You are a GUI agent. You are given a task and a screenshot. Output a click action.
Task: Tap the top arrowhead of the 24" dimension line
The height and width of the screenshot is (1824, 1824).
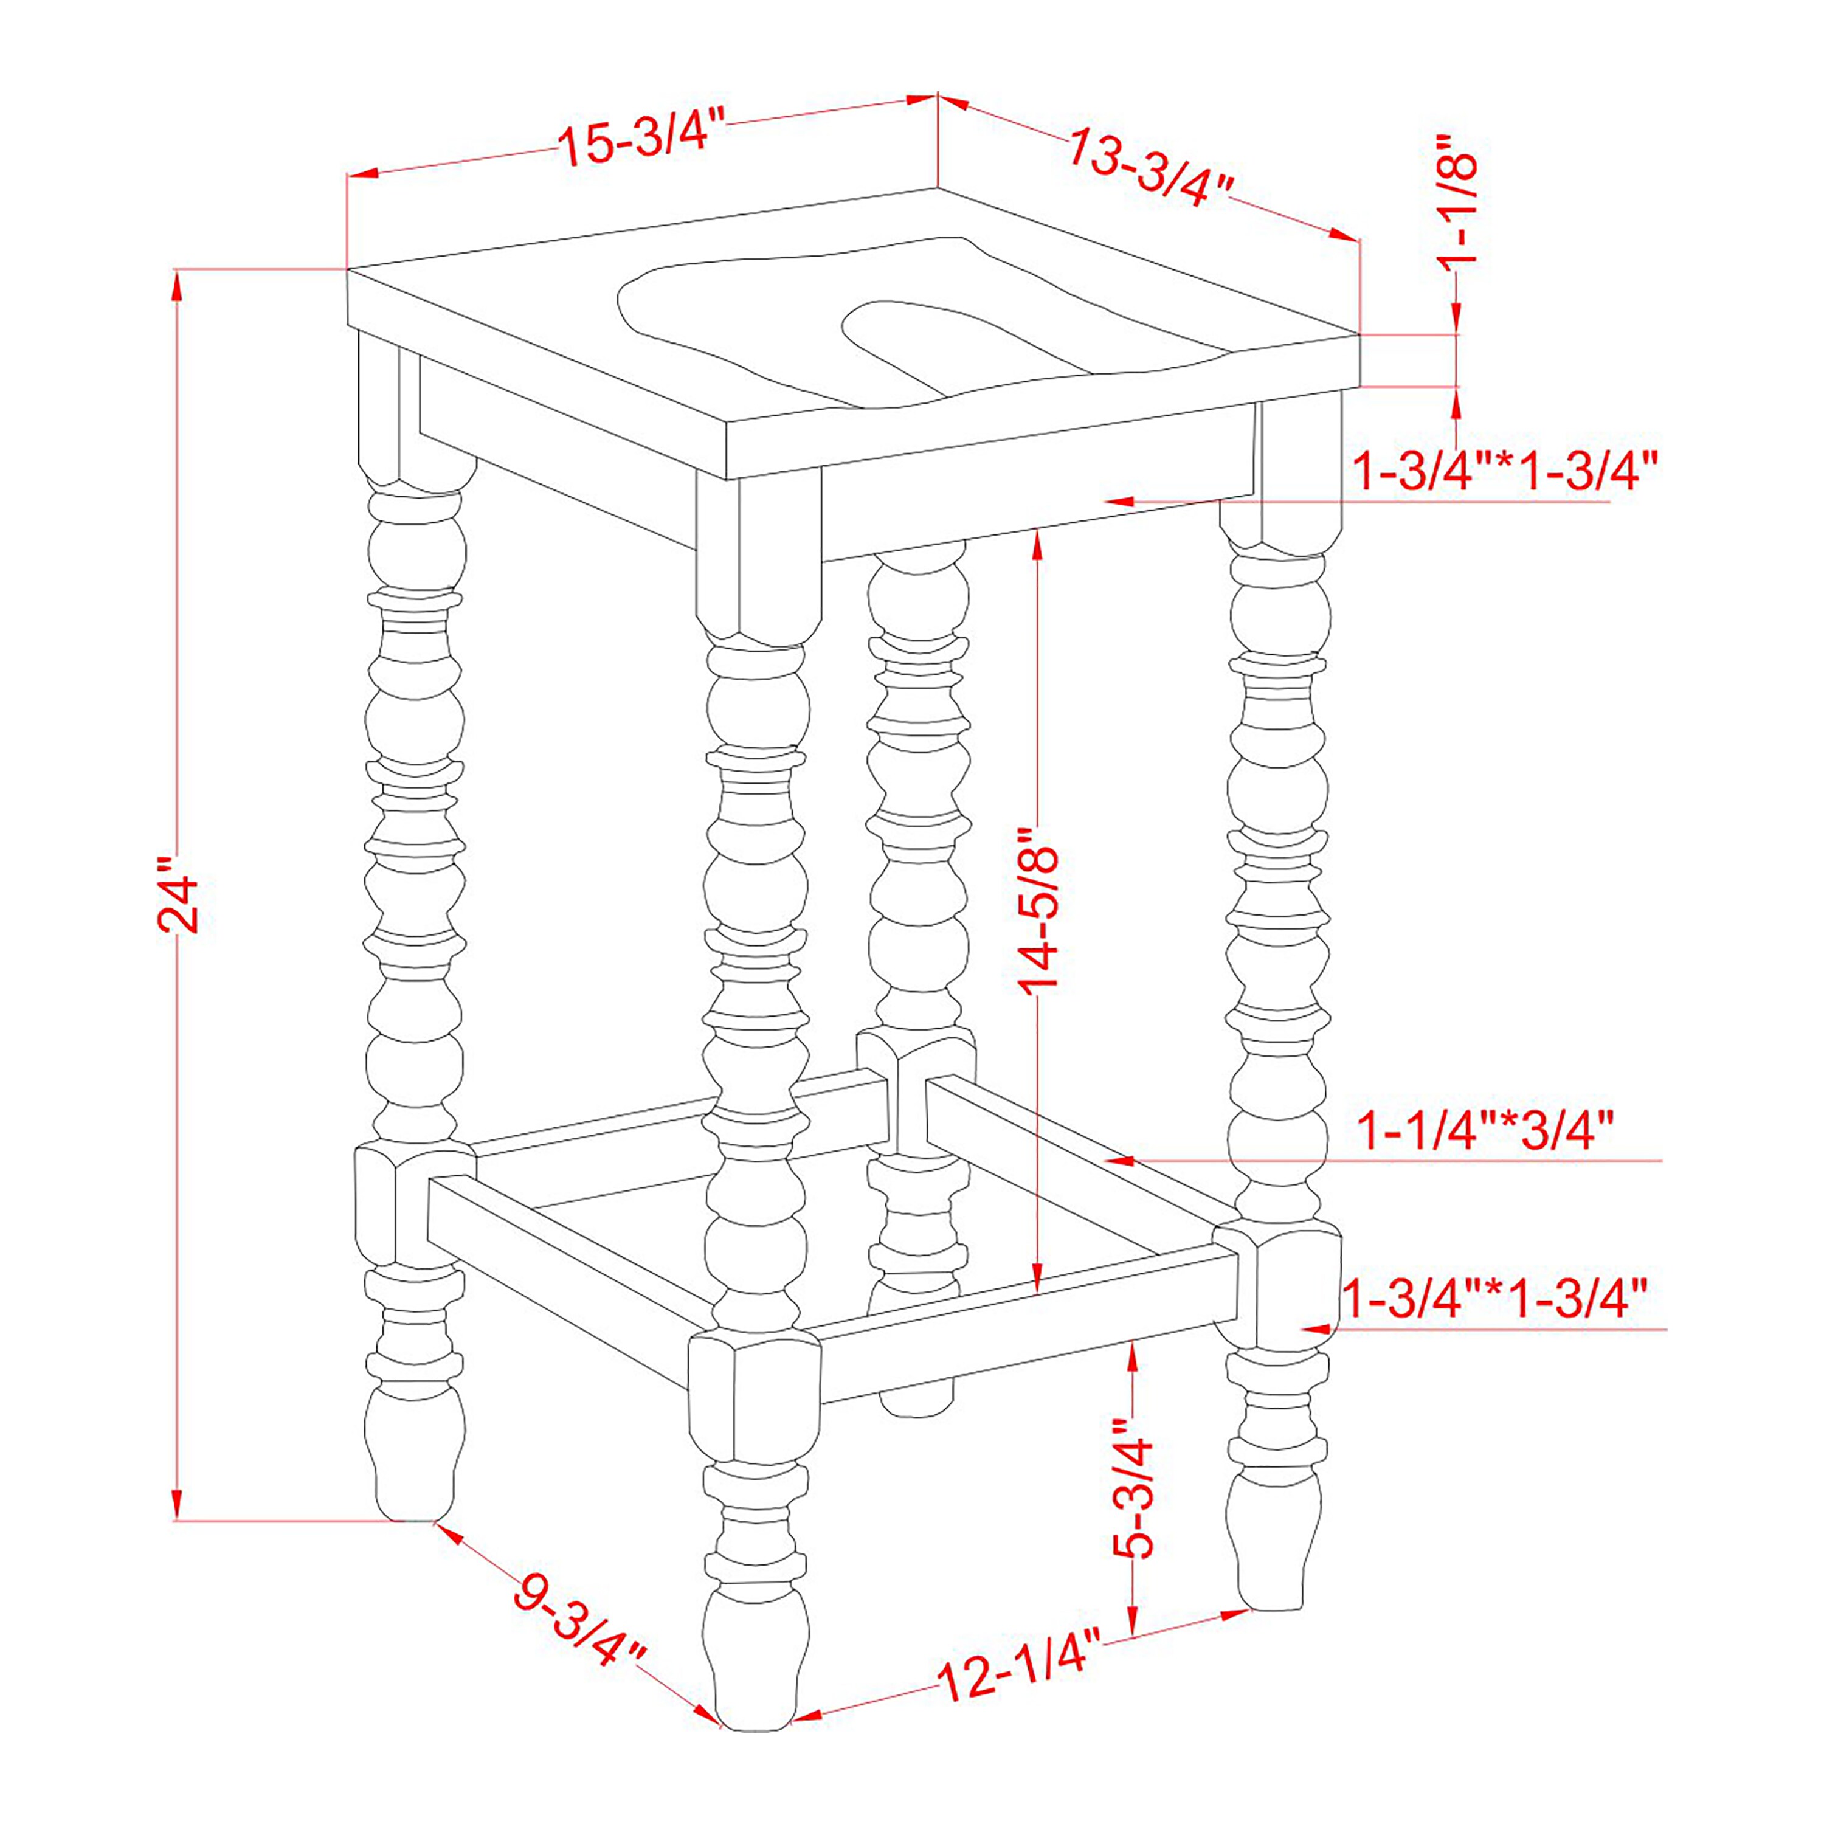[x=176, y=284]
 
